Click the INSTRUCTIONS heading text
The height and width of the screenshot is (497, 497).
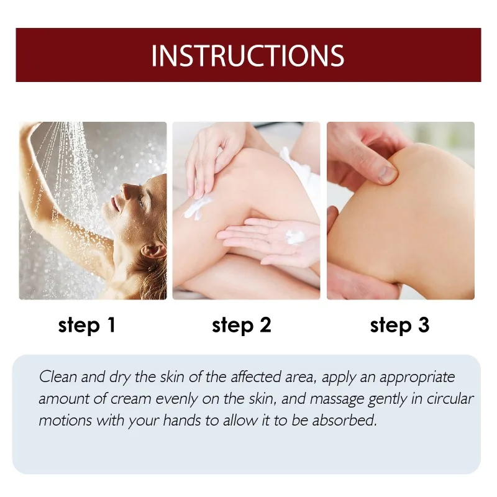tap(247, 55)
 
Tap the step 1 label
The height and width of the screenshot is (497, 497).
tap(87, 325)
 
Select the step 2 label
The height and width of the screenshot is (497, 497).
tap(242, 325)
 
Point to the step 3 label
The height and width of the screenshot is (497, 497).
tap(399, 325)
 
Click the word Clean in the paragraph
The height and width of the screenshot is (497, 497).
tap(56, 377)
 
